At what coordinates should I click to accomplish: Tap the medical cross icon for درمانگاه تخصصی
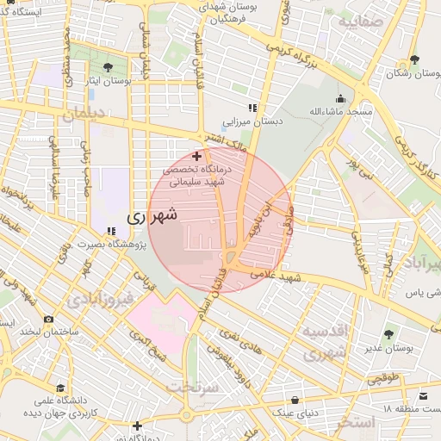pyautogui.click(x=197, y=157)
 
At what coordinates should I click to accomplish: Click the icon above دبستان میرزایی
pyautogui.click(x=252, y=108)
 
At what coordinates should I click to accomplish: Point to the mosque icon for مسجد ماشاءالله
pyautogui.click(x=340, y=98)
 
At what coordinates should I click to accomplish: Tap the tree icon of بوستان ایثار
pyautogui.click(x=107, y=67)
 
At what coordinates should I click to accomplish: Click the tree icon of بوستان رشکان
pyautogui.click(x=414, y=59)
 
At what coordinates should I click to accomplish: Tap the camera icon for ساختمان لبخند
pyautogui.click(x=48, y=320)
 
